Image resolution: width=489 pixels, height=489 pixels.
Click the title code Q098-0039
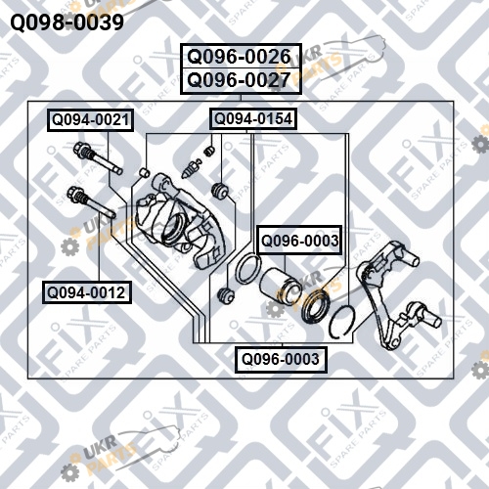67,22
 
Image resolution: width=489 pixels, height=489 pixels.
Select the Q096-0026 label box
241,56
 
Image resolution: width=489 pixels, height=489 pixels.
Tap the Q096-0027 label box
241,81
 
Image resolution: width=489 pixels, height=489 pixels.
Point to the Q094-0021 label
90,120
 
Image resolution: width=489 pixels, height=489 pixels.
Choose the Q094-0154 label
253,118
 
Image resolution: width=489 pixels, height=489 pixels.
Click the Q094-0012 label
87,292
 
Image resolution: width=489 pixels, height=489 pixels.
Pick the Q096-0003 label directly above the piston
299,241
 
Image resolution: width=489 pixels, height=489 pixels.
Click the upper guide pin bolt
98,158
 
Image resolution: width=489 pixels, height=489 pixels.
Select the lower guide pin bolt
91,201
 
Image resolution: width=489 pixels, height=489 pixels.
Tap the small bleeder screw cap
209,151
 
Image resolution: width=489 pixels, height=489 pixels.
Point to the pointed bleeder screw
191,168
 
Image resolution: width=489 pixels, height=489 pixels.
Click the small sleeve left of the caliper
145,172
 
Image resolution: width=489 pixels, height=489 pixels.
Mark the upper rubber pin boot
219,190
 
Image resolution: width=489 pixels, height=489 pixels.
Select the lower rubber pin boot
226,294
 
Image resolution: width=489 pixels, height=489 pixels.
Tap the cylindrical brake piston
277,284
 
